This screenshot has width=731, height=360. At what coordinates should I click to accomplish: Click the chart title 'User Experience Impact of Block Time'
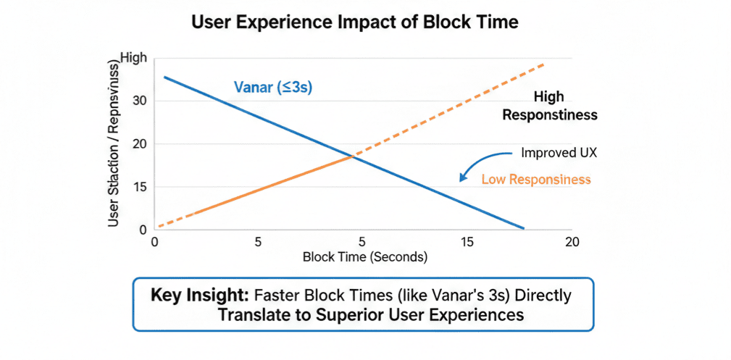coord(354,22)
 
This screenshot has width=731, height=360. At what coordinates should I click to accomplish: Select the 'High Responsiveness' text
coord(549,105)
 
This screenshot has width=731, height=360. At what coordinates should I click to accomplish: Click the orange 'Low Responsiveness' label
coord(535,179)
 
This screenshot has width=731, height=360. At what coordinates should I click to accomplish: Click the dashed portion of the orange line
coord(449,109)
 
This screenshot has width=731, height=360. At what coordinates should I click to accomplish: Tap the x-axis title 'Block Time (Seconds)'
coord(365,257)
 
